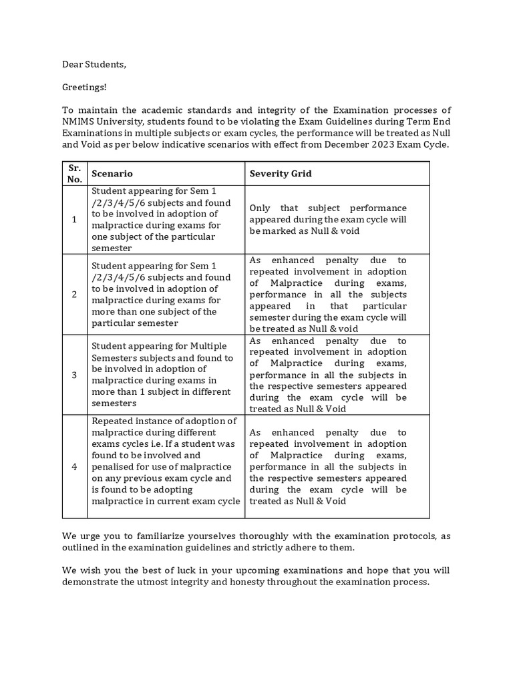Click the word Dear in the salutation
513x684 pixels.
click(74, 65)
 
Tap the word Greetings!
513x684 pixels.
click(84, 88)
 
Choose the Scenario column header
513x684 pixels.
click(112, 174)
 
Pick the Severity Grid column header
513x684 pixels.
click(281, 174)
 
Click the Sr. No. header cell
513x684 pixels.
click(74, 174)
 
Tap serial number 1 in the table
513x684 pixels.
click(74, 219)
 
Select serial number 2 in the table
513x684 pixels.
click(74, 294)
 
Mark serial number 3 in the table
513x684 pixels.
click(74, 375)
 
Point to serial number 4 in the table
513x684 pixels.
click(74, 467)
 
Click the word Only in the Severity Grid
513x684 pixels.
click(261, 208)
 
